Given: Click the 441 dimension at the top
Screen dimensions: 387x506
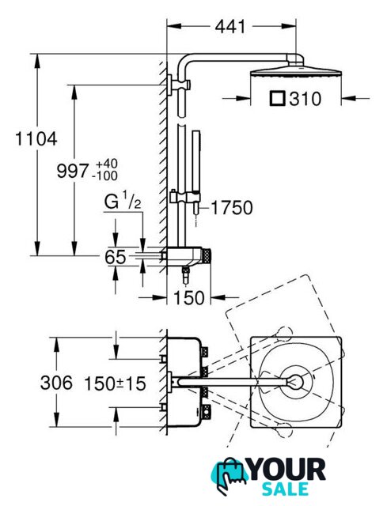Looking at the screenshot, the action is click(x=230, y=26).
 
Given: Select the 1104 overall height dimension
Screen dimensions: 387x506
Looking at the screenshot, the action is click(x=36, y=139).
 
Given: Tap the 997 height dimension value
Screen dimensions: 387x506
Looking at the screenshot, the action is click(x=72, y=171).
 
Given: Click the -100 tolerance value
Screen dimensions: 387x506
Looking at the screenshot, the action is click(x=104, y=176).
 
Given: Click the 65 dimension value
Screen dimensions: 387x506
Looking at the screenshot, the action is click(x=115, y=257).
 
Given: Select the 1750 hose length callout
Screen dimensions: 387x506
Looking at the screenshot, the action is click(x=232, y=207).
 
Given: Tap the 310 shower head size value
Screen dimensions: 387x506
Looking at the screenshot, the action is click(x=305, y=99).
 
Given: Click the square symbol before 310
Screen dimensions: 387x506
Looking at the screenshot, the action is click(x=278, y=99).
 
